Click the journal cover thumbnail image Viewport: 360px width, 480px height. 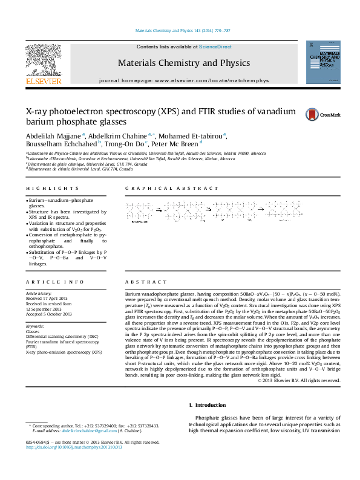click(x=322, y=62)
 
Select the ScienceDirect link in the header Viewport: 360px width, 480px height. click(x=216, y=47)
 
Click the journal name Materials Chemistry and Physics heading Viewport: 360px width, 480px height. click(x=183, y=63)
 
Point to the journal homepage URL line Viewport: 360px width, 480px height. click(x=183, y=80)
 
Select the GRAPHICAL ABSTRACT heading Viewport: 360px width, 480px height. click(x=158, y=189)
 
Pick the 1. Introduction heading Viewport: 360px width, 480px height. click(x=209, y=404)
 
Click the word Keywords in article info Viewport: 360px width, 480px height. click(x=35, y=326)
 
